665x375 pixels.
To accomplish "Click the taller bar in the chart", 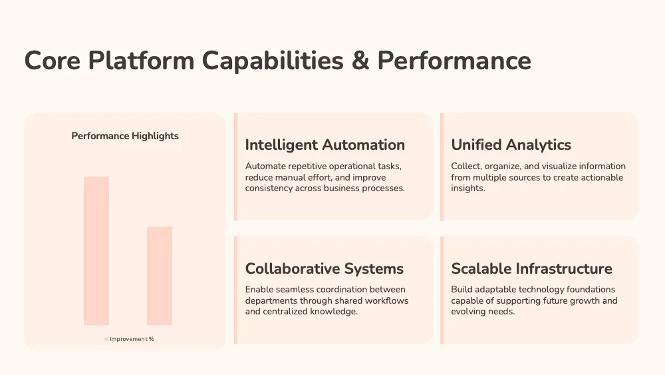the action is pos(96,251).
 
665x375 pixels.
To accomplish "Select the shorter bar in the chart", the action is pos(160,276).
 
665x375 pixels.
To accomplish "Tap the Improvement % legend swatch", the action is pos(106,339).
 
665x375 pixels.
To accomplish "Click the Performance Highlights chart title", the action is pos(125,136).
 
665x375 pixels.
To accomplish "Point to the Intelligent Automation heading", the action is pos(325,145).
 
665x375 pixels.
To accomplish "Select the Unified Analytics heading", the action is pos(511,145).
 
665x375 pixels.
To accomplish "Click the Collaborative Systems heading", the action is pos(325,268).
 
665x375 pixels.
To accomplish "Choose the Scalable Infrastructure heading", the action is pos(531,268).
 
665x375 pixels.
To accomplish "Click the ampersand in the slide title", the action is pos(360,61).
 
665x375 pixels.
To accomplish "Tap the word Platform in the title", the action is pos(141,61).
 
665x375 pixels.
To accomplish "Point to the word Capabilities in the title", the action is pos(272,61).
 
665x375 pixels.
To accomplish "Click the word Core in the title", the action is pos(52,61).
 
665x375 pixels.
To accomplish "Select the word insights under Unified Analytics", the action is pos(467,188).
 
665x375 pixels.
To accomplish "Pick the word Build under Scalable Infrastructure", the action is pos(462,289).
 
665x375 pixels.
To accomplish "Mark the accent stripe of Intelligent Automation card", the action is pos(236,167).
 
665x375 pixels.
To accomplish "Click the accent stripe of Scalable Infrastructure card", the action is pos(442,290).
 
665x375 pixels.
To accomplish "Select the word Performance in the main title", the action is pos(454,61).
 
